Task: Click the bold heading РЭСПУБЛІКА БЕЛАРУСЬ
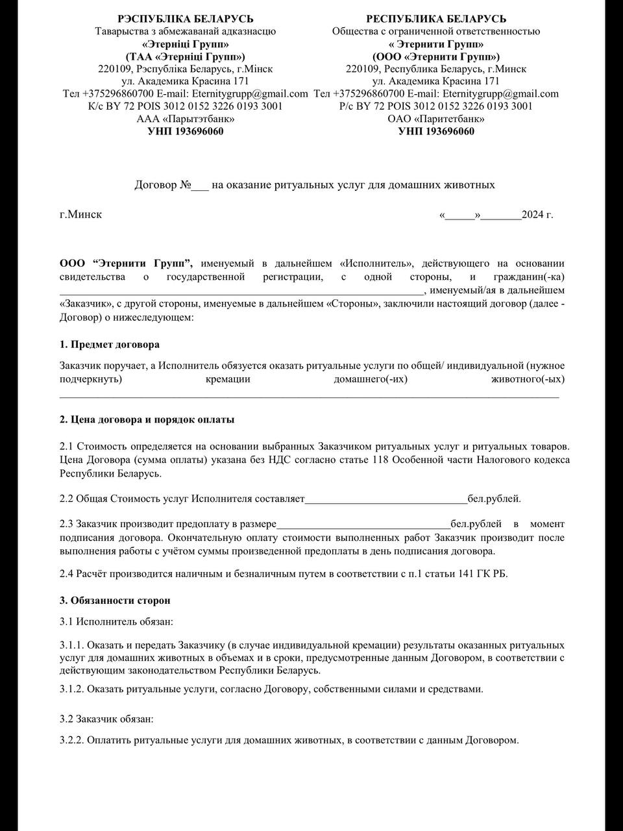[185, 19]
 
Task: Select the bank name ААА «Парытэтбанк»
[186, 119]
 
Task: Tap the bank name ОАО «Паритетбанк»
[436, 119]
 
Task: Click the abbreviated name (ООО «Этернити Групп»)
[436, 56]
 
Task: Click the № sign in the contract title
[186, 185]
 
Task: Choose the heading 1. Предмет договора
[110, 345]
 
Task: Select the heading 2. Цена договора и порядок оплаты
[147, 419]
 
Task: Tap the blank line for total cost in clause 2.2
[385, 500]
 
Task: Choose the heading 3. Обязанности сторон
[115, 601]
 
